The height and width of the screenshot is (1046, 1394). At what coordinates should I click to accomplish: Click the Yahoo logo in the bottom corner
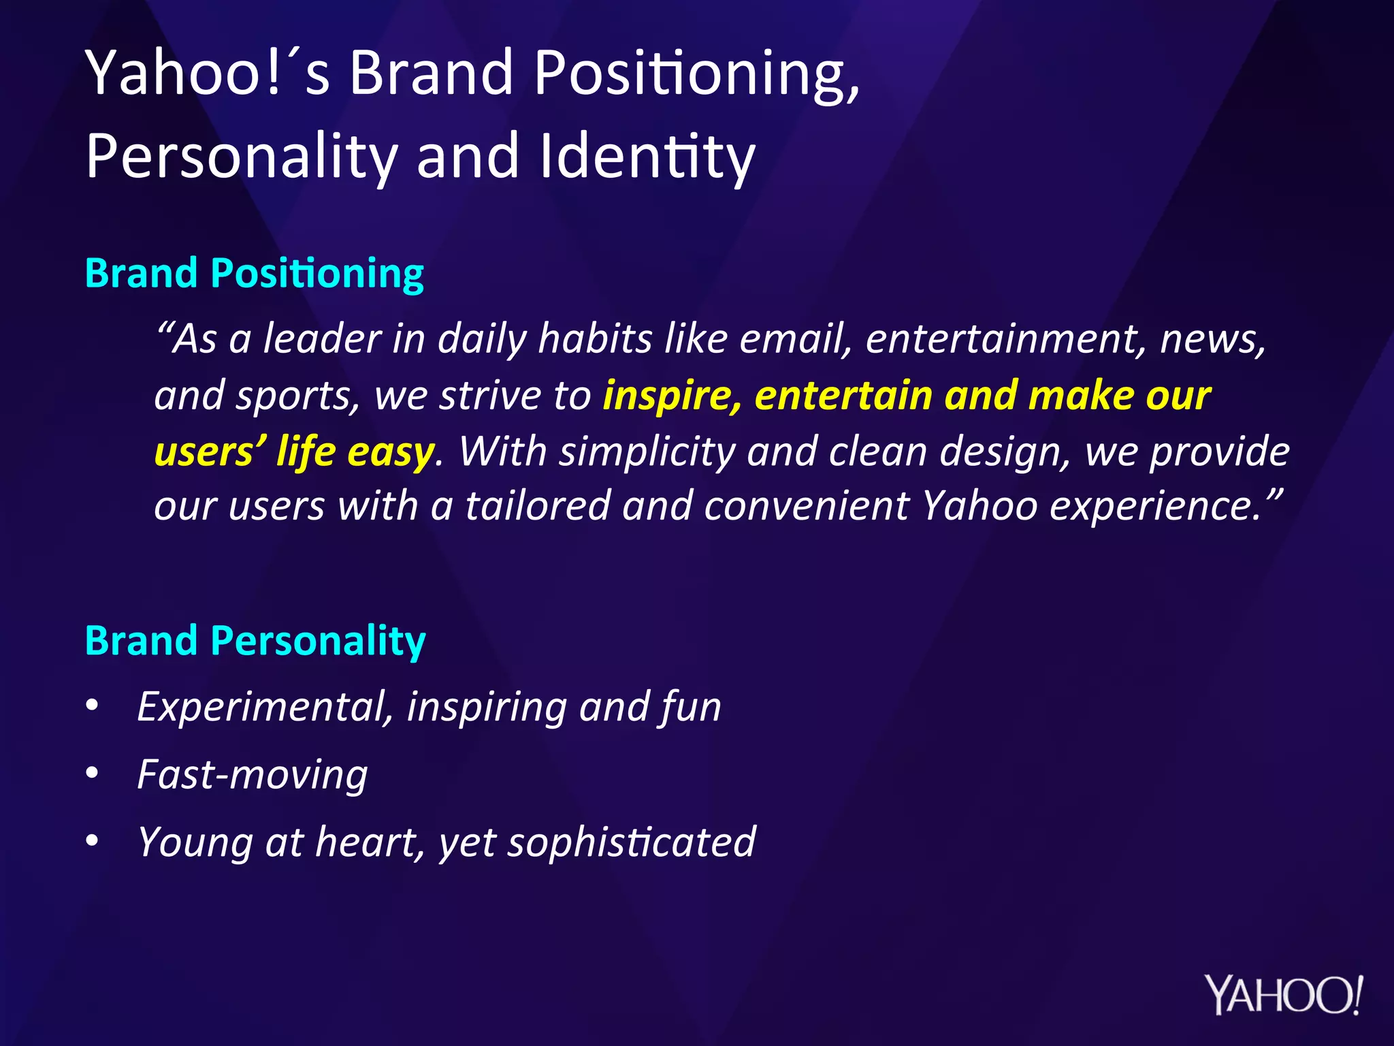pyautogui.click(x=1284, y=995)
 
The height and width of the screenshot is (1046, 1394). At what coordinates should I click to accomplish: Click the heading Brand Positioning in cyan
pyautogui.click(x=255, y=274)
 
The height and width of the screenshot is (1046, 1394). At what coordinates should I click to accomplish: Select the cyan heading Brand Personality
pyautogui.click(x=255, y=641)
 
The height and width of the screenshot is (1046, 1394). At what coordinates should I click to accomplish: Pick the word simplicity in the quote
pyautogui.click(x=647, y=452)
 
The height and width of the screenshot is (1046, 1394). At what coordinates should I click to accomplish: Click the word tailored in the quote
pyautogui.click(x=537, y=507)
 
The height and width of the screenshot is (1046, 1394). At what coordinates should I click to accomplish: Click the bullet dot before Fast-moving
pyautogui.click(x=93, y=774)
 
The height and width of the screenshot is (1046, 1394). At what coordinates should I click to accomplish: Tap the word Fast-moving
pyautogui.click(x=252, y=775)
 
